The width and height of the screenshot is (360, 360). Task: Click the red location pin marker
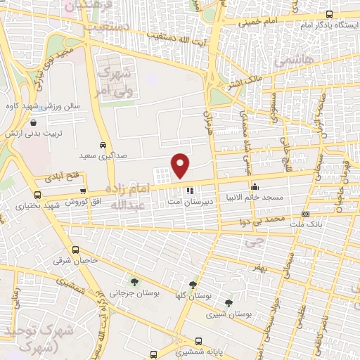181,165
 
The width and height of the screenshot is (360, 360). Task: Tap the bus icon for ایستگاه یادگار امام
330,14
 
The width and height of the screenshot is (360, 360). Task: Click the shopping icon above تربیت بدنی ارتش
34,122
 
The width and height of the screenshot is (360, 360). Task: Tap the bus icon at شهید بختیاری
37,194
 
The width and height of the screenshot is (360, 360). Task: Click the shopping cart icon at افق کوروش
83,191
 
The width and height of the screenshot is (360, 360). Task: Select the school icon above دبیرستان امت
189,190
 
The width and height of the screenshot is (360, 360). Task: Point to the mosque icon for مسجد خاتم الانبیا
255,187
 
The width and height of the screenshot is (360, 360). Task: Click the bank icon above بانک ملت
304,213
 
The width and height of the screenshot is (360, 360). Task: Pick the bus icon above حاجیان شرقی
75,250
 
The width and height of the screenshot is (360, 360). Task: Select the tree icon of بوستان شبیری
229,303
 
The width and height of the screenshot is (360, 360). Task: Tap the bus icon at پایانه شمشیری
154,355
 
